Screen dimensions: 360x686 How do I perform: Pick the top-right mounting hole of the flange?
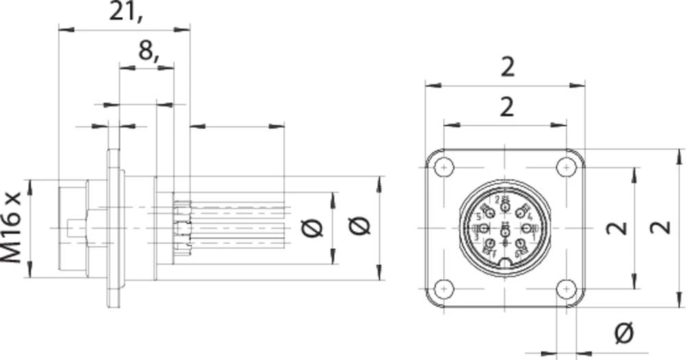(566, 167)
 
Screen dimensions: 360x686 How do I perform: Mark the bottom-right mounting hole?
(566, 289)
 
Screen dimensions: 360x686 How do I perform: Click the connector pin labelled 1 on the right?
(527, 228)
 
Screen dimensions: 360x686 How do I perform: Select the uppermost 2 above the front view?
(506, 67)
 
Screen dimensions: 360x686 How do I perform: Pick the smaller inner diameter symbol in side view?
(313, 228)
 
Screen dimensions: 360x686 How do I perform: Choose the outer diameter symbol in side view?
(359, 227)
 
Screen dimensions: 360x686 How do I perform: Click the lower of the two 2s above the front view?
(506, 107)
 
